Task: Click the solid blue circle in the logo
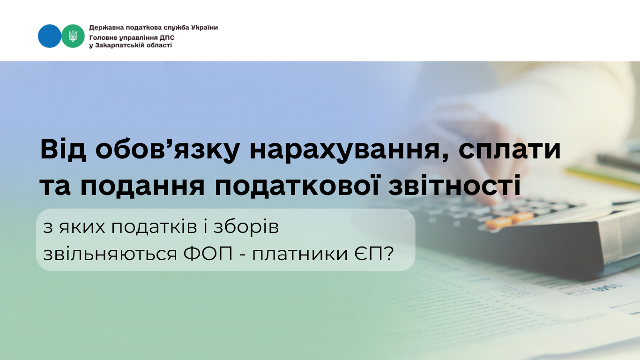49,36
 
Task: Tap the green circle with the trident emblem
73,36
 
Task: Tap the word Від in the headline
63,150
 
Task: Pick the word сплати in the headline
510,150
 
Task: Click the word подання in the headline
142,187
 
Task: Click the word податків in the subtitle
154,228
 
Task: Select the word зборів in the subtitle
246,228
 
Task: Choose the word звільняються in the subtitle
110,254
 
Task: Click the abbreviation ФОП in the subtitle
208,253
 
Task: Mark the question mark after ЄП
388,253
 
